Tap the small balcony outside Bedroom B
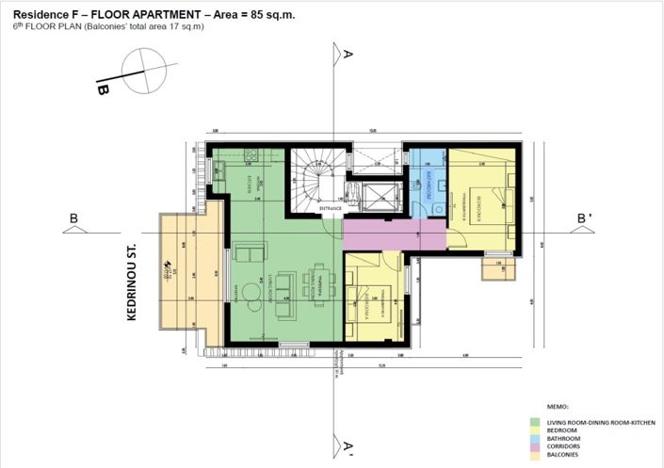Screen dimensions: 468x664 [x=496, y=268]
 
